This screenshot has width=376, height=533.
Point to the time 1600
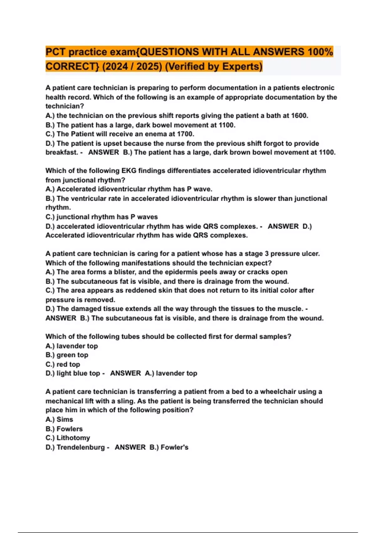299,116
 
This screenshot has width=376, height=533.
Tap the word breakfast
61,153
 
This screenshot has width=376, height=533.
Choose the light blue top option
78,373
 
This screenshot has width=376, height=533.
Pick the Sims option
65,420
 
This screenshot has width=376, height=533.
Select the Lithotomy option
73,438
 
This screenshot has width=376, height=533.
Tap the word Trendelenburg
81,447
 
